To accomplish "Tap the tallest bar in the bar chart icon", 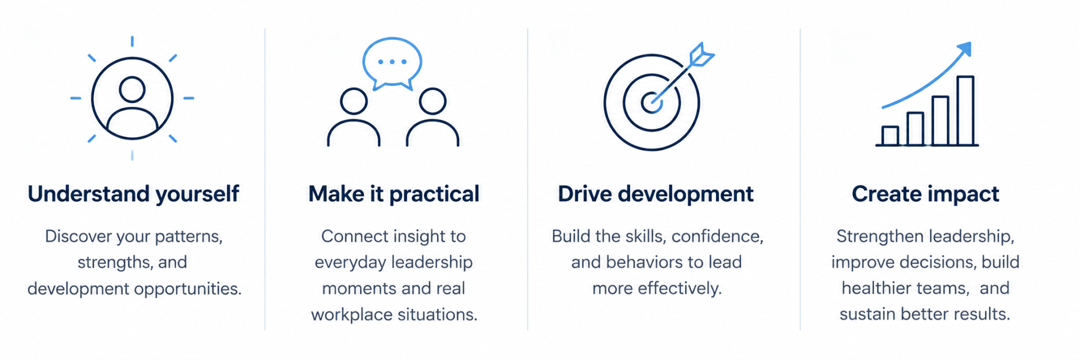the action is tap(965, 111).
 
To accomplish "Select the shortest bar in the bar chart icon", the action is tap(890, 136).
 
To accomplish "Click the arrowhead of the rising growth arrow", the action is tap(965, 49).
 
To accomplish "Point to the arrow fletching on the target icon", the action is tap(701, 55).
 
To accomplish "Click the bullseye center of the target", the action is tap(651, 103).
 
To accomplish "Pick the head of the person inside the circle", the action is tap(132, 89).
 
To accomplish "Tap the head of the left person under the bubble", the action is tap(354, 102).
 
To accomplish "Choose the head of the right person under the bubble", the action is tap(433, 102).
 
